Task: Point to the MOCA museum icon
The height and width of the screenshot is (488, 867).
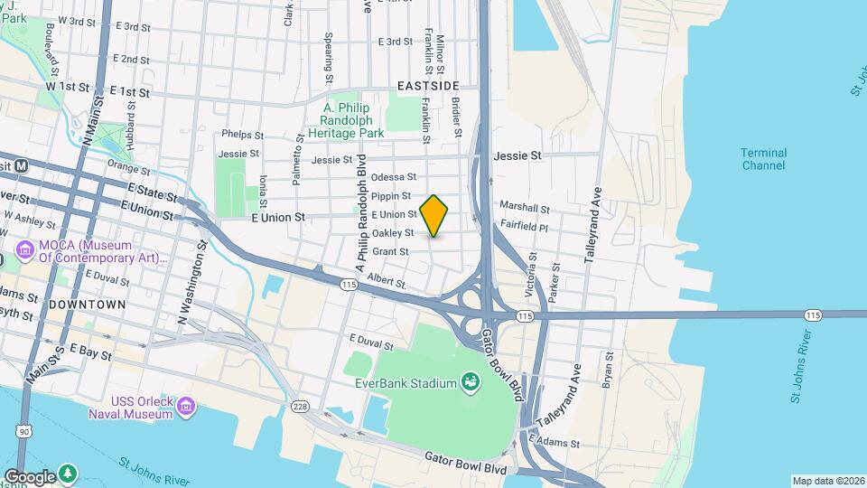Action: pyautogui.click(x=23, y=246)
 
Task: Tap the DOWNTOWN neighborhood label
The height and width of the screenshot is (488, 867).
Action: pyautogui.click(x=87, y=305)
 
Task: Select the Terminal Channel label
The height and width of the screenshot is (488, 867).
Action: pyautogui.click(x=764, y=159)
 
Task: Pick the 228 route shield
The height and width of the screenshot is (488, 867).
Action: pyautogui.click(x=301, y=407)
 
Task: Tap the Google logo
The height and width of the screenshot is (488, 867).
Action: pyautogui.click(x=29, y=476)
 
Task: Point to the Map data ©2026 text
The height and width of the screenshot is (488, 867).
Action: pyautogui.click(x=827, y=481)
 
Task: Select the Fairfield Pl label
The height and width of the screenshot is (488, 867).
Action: pyautogui.click(x=523, y=228)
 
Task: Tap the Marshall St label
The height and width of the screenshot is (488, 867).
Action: pyautogui.click(x=518, y=208)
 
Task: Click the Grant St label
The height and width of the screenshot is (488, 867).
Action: pyautogui.click(x=391, y=252)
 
